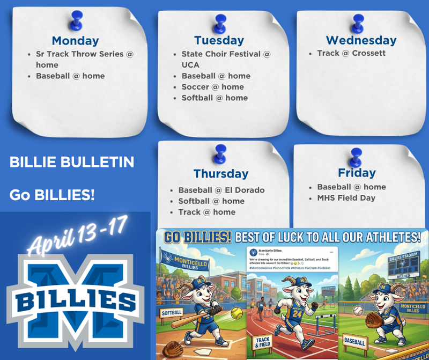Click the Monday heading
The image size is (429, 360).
[75, 41]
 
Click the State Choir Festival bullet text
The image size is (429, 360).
[226, 54]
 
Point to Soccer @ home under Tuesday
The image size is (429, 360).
[212, 87]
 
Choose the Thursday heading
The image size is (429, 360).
[221, 174]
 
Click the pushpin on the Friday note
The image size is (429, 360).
[354, 157]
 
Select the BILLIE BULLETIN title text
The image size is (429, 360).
[72, 162]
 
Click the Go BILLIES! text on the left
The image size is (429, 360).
[52, 195]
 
